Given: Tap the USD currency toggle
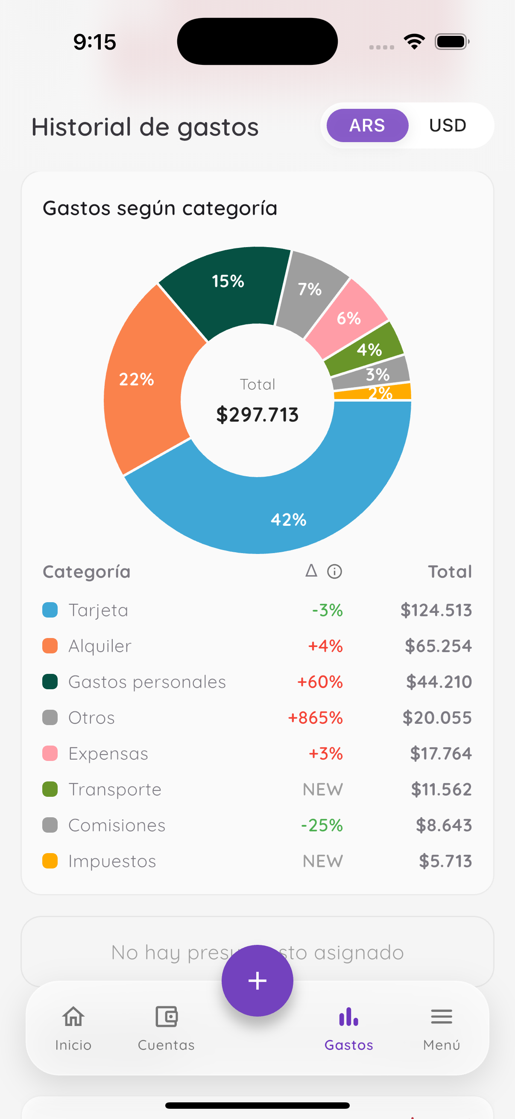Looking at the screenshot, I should pos(447,125).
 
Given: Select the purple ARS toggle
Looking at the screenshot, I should pos(367,125).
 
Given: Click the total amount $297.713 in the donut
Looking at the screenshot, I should pos(257,414).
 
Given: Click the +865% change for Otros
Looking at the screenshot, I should pos(316,718).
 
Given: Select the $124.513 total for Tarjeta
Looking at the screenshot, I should pos(436,610).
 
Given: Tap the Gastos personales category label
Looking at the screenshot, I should pos(147,682).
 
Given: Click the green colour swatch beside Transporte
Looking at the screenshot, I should pos(50,789).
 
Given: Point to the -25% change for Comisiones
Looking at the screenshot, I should pos(322,825).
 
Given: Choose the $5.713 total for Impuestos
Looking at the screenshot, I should pos(445,861).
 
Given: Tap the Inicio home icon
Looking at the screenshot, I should pos(73,1017).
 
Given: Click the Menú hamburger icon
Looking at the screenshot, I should pos(441,1017).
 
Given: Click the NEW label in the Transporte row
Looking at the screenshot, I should pos(322,789).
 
